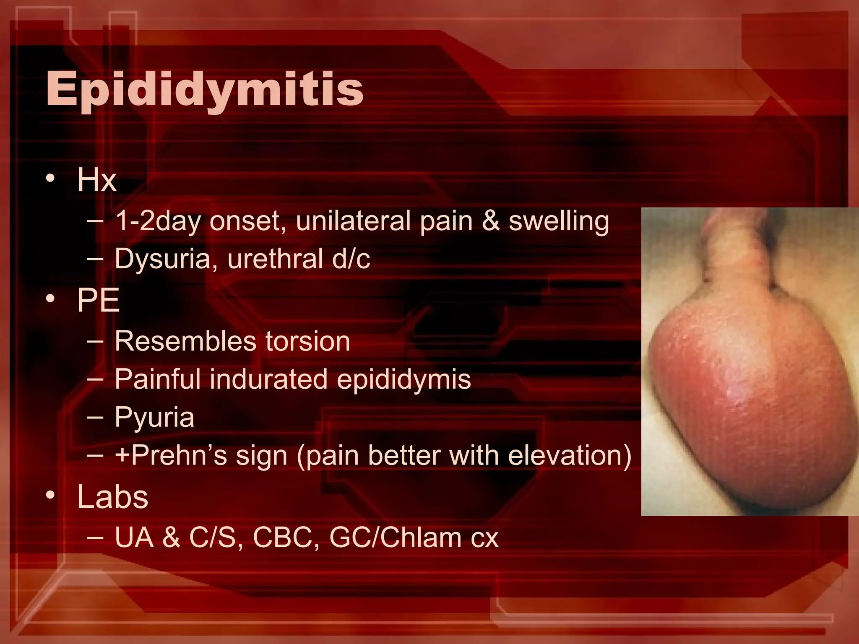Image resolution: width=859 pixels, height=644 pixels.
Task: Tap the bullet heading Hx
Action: tap(96, 180)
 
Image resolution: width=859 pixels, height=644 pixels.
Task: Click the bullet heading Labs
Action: tap(112, 497)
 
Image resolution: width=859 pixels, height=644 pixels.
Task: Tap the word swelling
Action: tap(559, 222)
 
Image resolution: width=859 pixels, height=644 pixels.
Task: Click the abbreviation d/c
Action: tap(351, 259)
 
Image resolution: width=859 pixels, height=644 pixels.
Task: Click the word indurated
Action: tap(268, 379)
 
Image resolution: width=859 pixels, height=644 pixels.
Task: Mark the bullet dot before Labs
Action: tap(51, 496)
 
